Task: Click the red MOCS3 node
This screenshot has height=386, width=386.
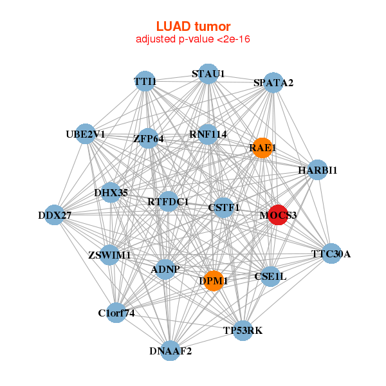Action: pos(277,215)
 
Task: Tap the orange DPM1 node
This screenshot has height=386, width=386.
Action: pos(213,280)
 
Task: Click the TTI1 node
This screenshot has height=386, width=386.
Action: pos(145,81)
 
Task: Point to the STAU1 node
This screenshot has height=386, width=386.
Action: pos(208,74)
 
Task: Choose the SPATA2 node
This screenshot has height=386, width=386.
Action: pos(273,83)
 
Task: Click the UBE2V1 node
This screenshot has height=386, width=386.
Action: pos(86,134)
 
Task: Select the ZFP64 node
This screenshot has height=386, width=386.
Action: pos(149,138)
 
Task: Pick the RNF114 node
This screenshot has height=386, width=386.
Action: pos(208,134)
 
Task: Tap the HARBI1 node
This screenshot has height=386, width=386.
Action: pos(317,170)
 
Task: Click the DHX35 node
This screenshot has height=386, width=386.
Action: pos(111,192)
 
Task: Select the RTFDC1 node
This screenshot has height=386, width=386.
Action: pos(168,202)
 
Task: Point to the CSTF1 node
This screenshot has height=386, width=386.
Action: pos(224,208)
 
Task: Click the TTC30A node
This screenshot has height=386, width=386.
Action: pos(331,253)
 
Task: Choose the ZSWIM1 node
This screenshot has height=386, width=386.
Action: pos(110,255)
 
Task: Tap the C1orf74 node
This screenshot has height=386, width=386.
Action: pos(116,313)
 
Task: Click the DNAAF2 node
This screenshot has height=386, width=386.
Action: pos(170,351)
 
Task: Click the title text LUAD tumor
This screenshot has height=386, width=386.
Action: pos(193,26)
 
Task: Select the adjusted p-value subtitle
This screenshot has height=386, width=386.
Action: pos(193,39)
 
